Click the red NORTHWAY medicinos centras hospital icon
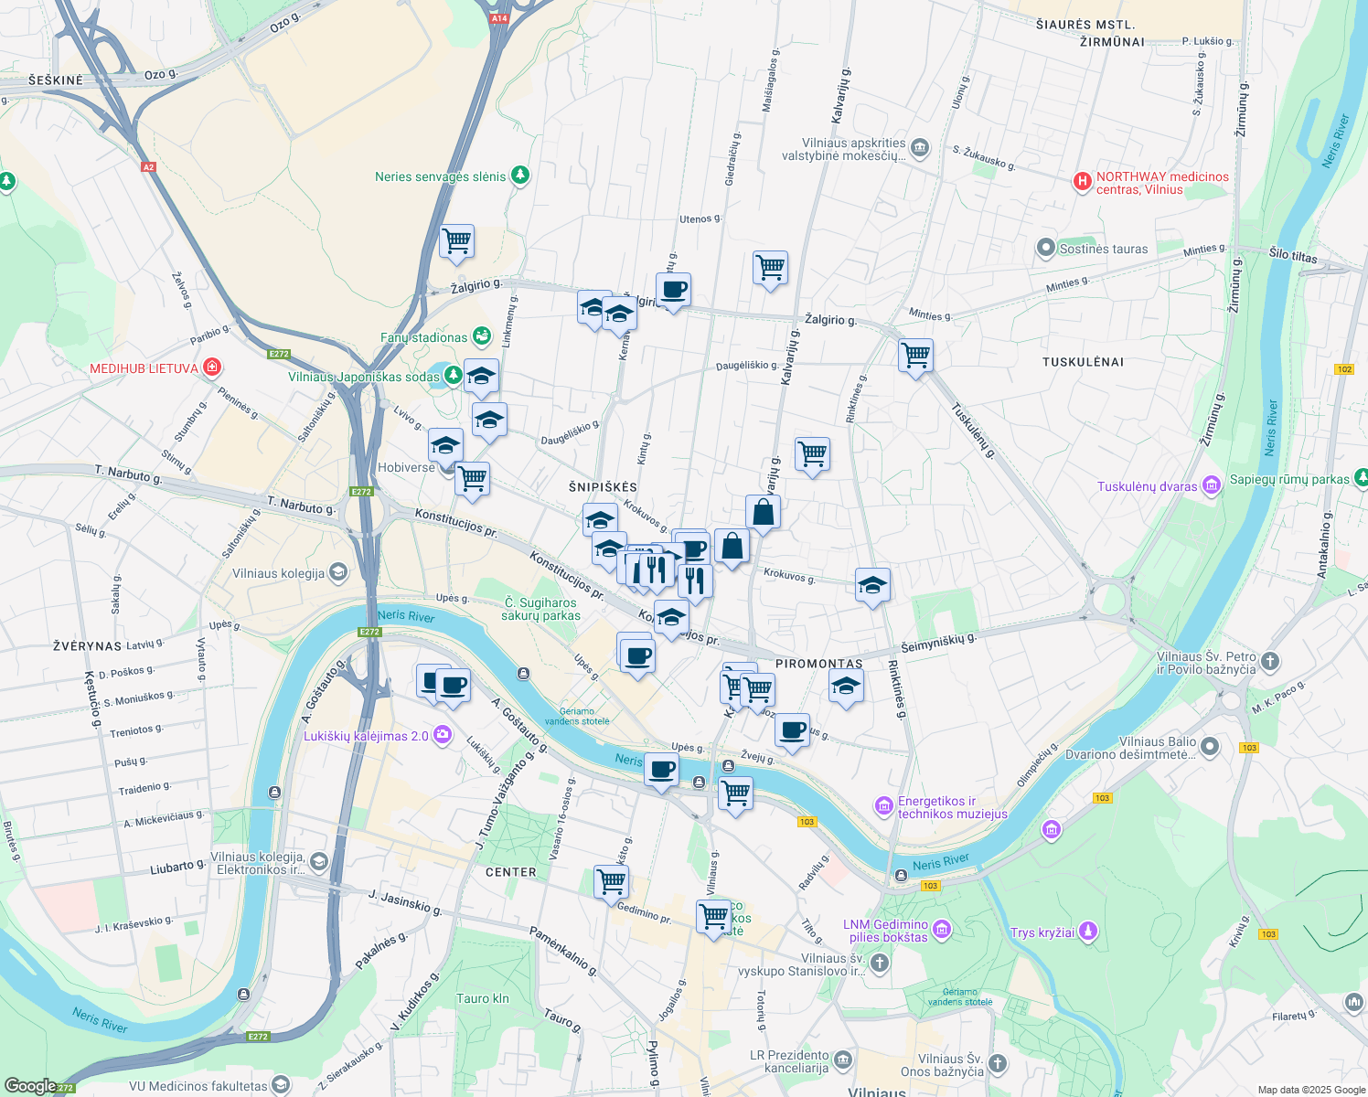click(1083, 182)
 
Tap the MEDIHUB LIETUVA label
click(144, 368)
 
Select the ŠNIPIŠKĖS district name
click(603, 487)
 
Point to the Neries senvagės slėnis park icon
click(519, 175)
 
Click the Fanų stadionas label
click(423, 337)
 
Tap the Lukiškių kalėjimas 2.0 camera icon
click(443, 735)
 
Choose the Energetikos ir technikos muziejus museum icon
click(883, 805)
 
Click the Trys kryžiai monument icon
click(1087, 932)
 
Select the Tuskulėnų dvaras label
click(1147, 486)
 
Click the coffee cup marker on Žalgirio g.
click(673, 290)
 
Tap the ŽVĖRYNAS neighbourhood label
click(87, 646)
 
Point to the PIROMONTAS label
click(818, 664)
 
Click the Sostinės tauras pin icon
click(1046, 248)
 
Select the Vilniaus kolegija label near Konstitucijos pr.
click(278, 573)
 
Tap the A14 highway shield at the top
click(498, 18)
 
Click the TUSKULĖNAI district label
click(1083, 362)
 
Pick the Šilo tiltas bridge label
click(1293, 255)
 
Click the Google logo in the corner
click(30, 1085)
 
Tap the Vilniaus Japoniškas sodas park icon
click(453, 376)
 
